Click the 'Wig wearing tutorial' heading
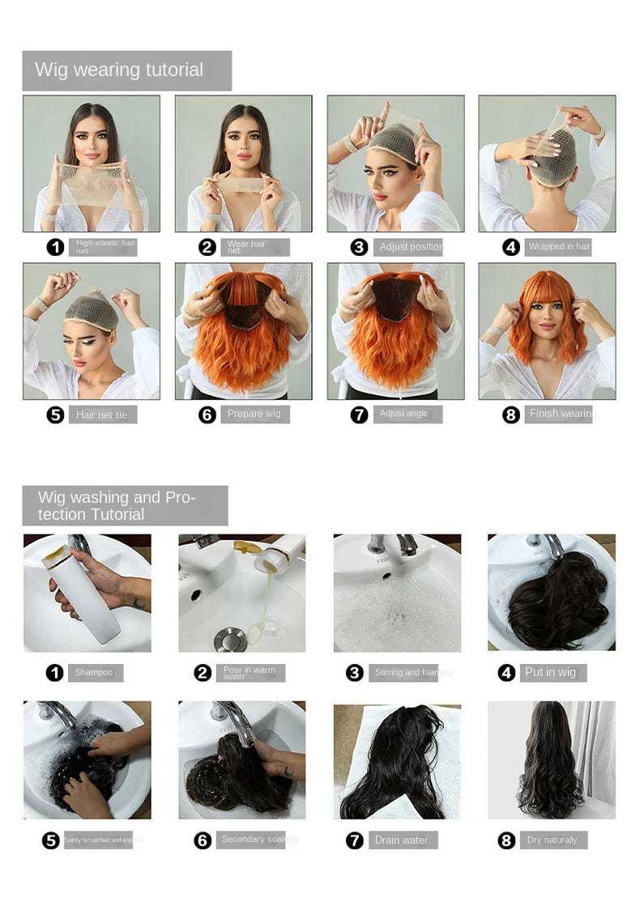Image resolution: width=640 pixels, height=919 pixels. pyautogui.click(x=119, y=70)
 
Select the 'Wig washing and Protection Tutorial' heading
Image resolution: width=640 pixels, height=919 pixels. pyautogui.click(x=117, y=505)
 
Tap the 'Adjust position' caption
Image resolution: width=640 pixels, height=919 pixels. pyautogui.click(x=410, y=247)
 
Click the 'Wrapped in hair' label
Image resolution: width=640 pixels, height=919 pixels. pyautogui.click(x=559, y=247)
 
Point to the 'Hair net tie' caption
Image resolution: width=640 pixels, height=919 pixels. pyautogui.click(x=102, y=415)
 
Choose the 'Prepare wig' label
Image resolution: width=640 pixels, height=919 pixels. pyautogui.click(x=255, y=415)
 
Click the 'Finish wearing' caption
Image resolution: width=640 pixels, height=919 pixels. pyautogui.click(x=561, y=415)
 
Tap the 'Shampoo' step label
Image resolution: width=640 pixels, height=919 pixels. pyautogui.click(x=95, y=673)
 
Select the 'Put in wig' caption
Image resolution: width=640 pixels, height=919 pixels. pyautogui.click(x=551, y=672)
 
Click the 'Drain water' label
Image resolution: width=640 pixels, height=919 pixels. pyautogui.click(x=402, y=840)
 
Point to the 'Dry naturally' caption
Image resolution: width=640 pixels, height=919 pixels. pyautogui.click(x=553, y=840)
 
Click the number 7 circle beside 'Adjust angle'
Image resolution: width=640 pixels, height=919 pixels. pyautogui.click(x=359, y=415)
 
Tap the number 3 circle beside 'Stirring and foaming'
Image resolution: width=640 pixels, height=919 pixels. pyautogui.click(x=354, y=673)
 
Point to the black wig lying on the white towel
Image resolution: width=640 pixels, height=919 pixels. pyautogui.click(x=397, y=765)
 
